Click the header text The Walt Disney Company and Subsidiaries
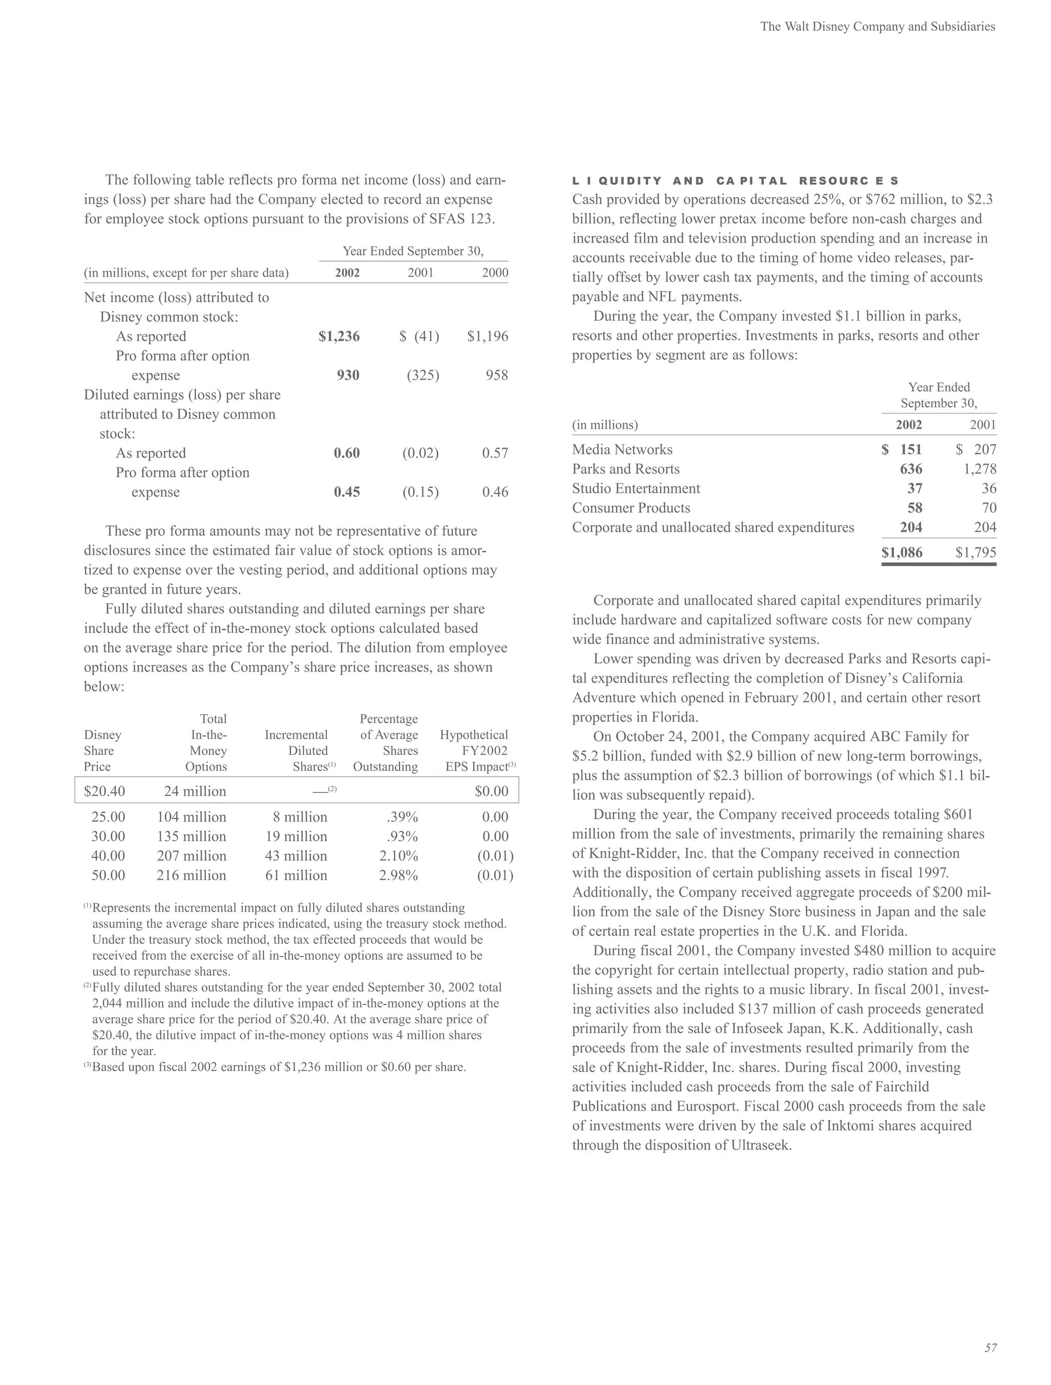pos(877,26)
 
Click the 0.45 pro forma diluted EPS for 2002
pos(346,492)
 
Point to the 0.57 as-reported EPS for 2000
pos(495,453)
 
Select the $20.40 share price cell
pos(105,792)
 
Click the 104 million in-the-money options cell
pos(191,817)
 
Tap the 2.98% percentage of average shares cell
pos(398,875)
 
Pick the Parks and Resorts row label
pos(625,469)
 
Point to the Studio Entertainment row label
pos(636,488)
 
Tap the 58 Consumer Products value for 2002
pos(914,508)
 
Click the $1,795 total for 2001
pos(975,552)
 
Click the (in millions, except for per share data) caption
pos(186,273)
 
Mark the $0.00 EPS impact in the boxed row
pos(491,792)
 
